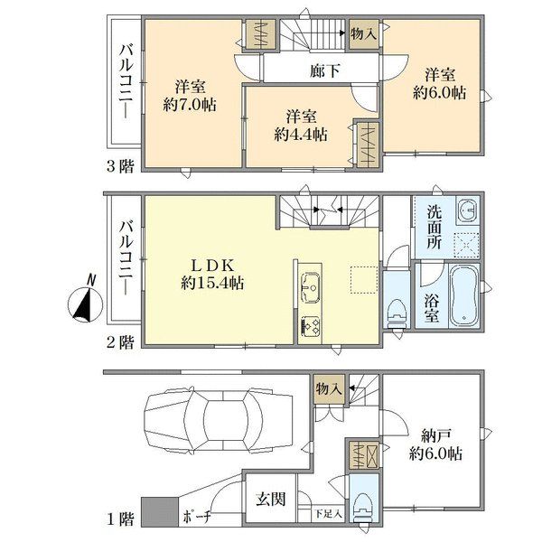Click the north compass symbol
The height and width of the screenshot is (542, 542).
pos(85,302)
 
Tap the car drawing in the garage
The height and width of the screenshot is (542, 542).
pos(220,419)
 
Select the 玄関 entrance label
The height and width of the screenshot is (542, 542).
pos(271,500)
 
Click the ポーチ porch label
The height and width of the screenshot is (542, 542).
pos(197,518)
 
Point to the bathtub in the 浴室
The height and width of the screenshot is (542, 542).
pos(464,295)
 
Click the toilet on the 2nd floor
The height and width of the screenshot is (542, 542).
pos(397,313)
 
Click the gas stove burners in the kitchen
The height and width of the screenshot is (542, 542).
pos(311,326)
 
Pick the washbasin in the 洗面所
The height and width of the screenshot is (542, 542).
pos(468,210)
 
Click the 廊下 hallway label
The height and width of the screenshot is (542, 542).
pos(324,71)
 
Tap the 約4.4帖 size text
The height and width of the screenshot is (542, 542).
pos(301,135)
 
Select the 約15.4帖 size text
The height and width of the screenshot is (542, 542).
pos(212,284)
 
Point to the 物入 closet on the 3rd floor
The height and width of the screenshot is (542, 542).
pos(363,33)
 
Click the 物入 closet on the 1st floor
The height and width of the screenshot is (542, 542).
pos(329,389)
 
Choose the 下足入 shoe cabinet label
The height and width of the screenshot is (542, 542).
pos(329,514)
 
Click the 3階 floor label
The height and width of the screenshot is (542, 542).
pos(119,167)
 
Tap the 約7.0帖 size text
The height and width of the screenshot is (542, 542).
pos(190,104)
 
